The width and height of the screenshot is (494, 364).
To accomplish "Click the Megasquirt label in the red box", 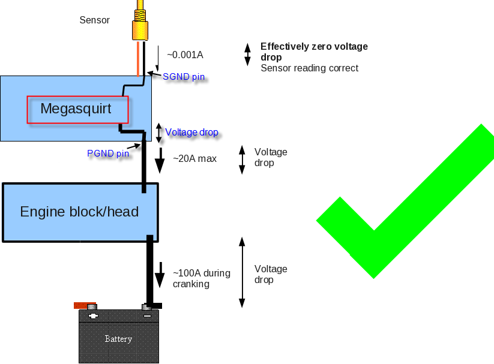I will (x=76, y=109).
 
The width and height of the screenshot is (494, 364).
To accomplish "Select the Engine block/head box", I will (x=80, y=212).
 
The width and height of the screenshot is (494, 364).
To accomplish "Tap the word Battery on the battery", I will (x=118, y=339).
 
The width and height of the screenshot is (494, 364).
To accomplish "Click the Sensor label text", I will (x=95, y=20).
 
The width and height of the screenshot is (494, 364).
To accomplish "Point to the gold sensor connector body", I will (x=139, y=28).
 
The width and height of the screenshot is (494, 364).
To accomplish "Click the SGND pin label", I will (x=184, y=76).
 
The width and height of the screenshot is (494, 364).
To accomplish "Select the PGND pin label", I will (x=108, y=154).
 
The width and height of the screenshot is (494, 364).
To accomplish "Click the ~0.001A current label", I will (x=185, y=55).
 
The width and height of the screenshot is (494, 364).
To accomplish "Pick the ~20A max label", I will (x=194, y=159).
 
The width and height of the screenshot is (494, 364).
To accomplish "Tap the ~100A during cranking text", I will (x=201, y=278).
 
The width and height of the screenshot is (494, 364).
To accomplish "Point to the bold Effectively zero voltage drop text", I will (x=313, y=52).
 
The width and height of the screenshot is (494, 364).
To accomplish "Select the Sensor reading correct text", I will (x=309, y=68).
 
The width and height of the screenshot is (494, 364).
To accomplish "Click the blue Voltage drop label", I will (x=191, y=132).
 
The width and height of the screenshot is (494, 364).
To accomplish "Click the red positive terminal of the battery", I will (x=85, y=305).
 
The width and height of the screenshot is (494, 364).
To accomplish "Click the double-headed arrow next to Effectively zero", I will (x=247, y=54).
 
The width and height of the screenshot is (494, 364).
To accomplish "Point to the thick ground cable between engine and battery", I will (x=150, y=270).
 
